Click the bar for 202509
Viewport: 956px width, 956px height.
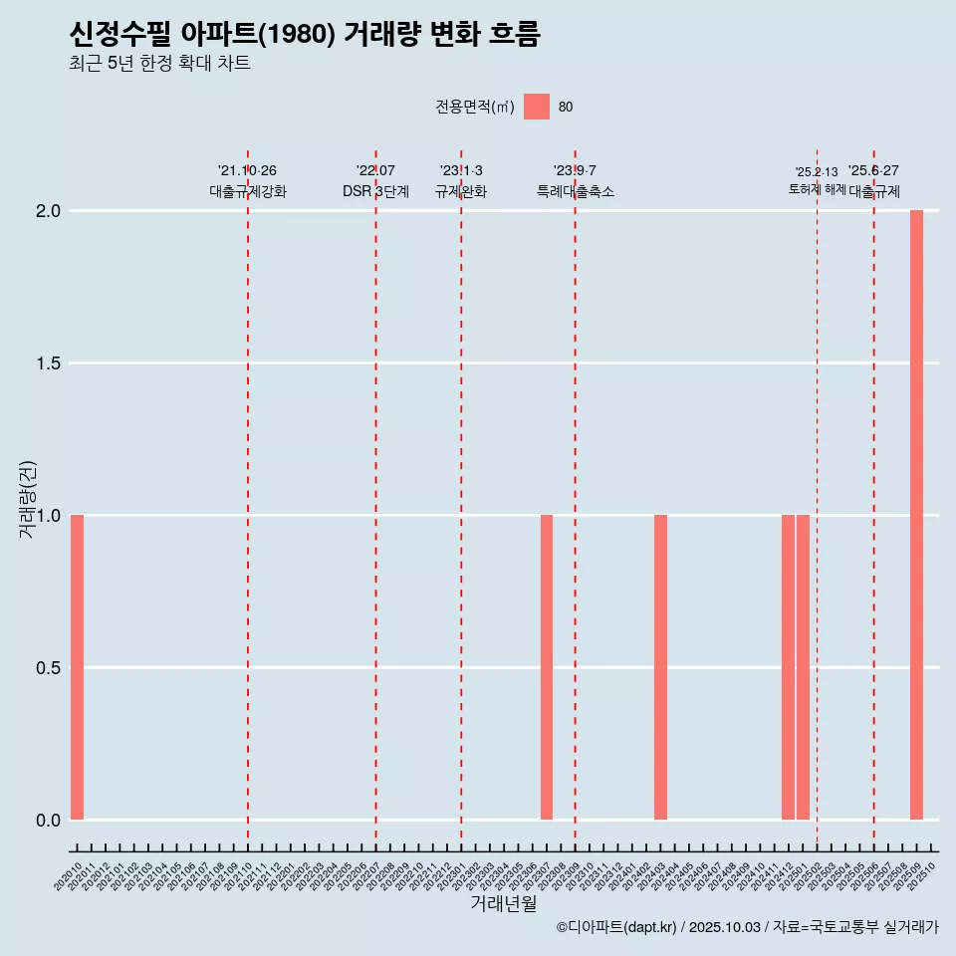point(916,515)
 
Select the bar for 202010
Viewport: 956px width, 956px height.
point(77,667)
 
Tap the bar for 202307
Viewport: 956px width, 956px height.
point(547,667)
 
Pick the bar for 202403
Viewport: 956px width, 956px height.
point(660,667)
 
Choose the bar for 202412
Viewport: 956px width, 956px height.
point(788,667)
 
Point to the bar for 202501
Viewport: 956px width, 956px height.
point(803,667)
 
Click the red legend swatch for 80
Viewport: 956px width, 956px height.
point(537,107)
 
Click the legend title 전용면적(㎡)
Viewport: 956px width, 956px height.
point(474,108)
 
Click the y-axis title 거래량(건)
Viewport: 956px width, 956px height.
point(27,499)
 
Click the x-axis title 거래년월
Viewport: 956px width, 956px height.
point(503,904)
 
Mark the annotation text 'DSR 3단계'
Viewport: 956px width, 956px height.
point(375,191)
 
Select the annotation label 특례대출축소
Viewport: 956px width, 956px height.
point(575,191)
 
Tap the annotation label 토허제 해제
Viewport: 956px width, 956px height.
point(817,189)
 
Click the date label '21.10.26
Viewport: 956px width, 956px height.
point(247,170)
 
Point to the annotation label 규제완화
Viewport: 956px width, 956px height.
point(461,191)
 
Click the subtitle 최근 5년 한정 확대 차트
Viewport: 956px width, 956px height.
point(159,64)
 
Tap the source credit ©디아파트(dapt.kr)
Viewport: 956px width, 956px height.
point(617,927)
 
